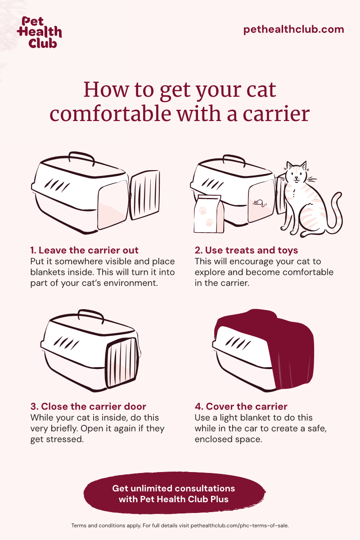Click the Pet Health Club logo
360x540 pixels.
pyautogui.click(x=40, y=32)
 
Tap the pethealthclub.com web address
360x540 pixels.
pyautogui.click(x=293, y=29)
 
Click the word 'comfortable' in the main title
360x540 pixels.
pyautogui.click(x=110, y=114)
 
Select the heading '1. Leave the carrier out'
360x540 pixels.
pyautogui.click(x=85, y=250)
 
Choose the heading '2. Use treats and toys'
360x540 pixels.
pyautogui.click(x=246, y=250)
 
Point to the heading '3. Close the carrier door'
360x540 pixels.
pyautogui.click(x=88, y=406)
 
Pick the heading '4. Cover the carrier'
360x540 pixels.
pyautogui.click(x=241, y=406)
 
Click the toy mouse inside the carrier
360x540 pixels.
pyautogui.click(x=260, y=203)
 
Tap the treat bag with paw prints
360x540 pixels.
pyautogui.click(x=209, y=214)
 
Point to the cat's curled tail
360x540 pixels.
pyautogui.click(x=335, y=212)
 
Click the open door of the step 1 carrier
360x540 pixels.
pyautogui.click(x=145, y=194)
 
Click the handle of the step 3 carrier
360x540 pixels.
pyautogui.click(x=91, y=315)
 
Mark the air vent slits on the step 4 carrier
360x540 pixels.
pyautogui.click(x=238, y=343)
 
